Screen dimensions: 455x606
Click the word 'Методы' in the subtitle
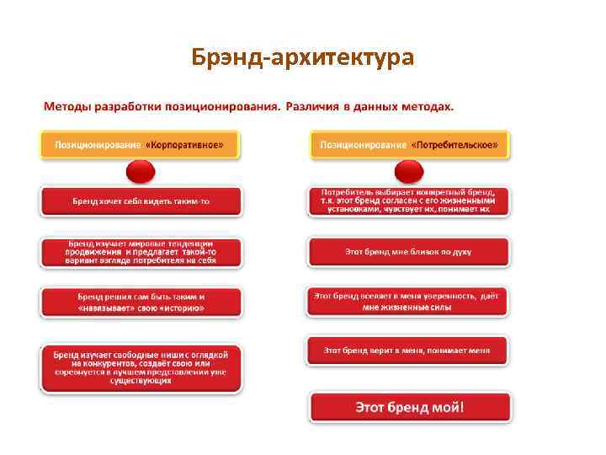tap(69, 107)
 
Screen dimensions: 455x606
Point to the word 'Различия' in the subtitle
tap(312, 107)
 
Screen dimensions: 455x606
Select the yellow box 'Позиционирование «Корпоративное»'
tap(140, 144)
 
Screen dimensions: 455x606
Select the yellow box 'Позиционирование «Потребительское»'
tap(409, 144)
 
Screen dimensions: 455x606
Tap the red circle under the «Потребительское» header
tap(409, 172)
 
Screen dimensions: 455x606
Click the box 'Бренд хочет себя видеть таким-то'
tap(141, 201)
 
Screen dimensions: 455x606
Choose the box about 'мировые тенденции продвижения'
tap(141, 253)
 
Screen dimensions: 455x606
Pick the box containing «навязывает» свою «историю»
tap(141, 302)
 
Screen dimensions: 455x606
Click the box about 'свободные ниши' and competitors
tap(141, 367)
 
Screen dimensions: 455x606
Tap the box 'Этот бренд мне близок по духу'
tap(409, 251)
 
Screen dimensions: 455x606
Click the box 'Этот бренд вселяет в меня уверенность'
tap(409, 302)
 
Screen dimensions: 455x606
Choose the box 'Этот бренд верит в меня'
tap(409, 350)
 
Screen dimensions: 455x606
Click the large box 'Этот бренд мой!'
tap(410, 407)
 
